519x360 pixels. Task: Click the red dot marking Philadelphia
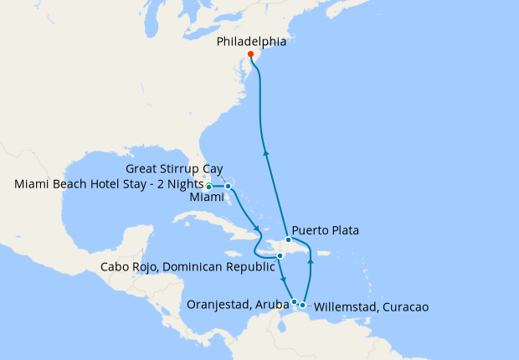251,54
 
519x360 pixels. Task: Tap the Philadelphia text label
250,40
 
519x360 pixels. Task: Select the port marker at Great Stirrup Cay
239,187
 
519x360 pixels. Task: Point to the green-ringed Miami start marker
209,187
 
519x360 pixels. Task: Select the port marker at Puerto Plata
288,240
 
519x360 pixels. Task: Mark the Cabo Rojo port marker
280,255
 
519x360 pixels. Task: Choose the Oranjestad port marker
294,301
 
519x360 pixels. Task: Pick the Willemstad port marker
303,305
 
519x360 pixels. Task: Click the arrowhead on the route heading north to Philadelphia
266,152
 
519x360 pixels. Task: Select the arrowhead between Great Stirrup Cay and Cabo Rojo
254,224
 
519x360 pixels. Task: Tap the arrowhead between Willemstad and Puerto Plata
310,261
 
